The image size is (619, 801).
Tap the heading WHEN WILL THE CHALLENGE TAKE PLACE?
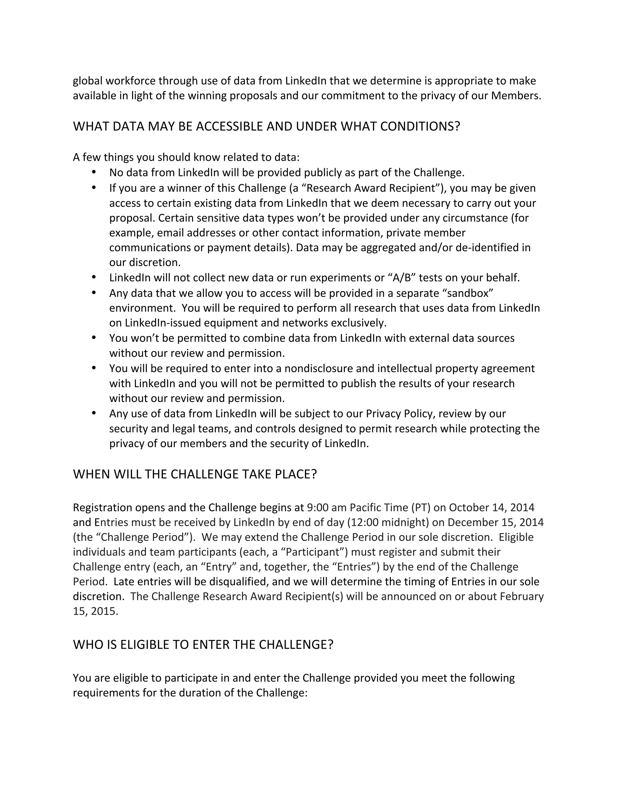point(195,474)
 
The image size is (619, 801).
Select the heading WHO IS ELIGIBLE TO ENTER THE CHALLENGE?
point(203,645)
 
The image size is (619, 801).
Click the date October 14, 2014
point(491,508)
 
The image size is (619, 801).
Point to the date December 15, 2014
point(495,522)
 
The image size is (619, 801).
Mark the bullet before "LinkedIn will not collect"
point(94,277)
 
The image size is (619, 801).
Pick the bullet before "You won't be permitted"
point(94,337)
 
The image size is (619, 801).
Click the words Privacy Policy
point(399,414)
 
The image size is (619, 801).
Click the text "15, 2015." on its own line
point(95,611)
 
